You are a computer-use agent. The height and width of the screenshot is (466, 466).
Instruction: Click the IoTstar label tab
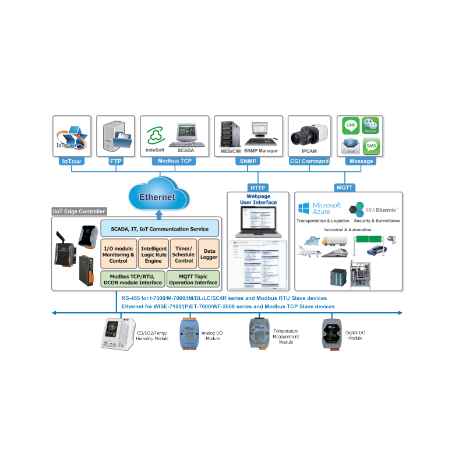point(71,161)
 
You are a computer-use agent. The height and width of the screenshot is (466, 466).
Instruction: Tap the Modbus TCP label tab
point(175,161)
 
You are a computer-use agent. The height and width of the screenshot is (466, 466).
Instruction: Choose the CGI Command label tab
point(309,161)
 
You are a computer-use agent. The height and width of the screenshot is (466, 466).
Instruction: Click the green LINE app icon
point(351,125)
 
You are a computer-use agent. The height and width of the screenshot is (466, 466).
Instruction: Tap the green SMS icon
point(371,145)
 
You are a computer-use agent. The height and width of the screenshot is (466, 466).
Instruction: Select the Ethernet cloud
point(157,196)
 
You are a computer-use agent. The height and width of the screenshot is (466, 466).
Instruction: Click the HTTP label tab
point(257,188)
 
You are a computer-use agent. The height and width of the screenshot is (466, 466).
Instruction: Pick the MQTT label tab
point(344,188)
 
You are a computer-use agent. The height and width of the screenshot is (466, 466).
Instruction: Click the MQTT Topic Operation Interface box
point(193,278)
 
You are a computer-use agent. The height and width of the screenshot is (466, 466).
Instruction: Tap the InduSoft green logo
point(155,136)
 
